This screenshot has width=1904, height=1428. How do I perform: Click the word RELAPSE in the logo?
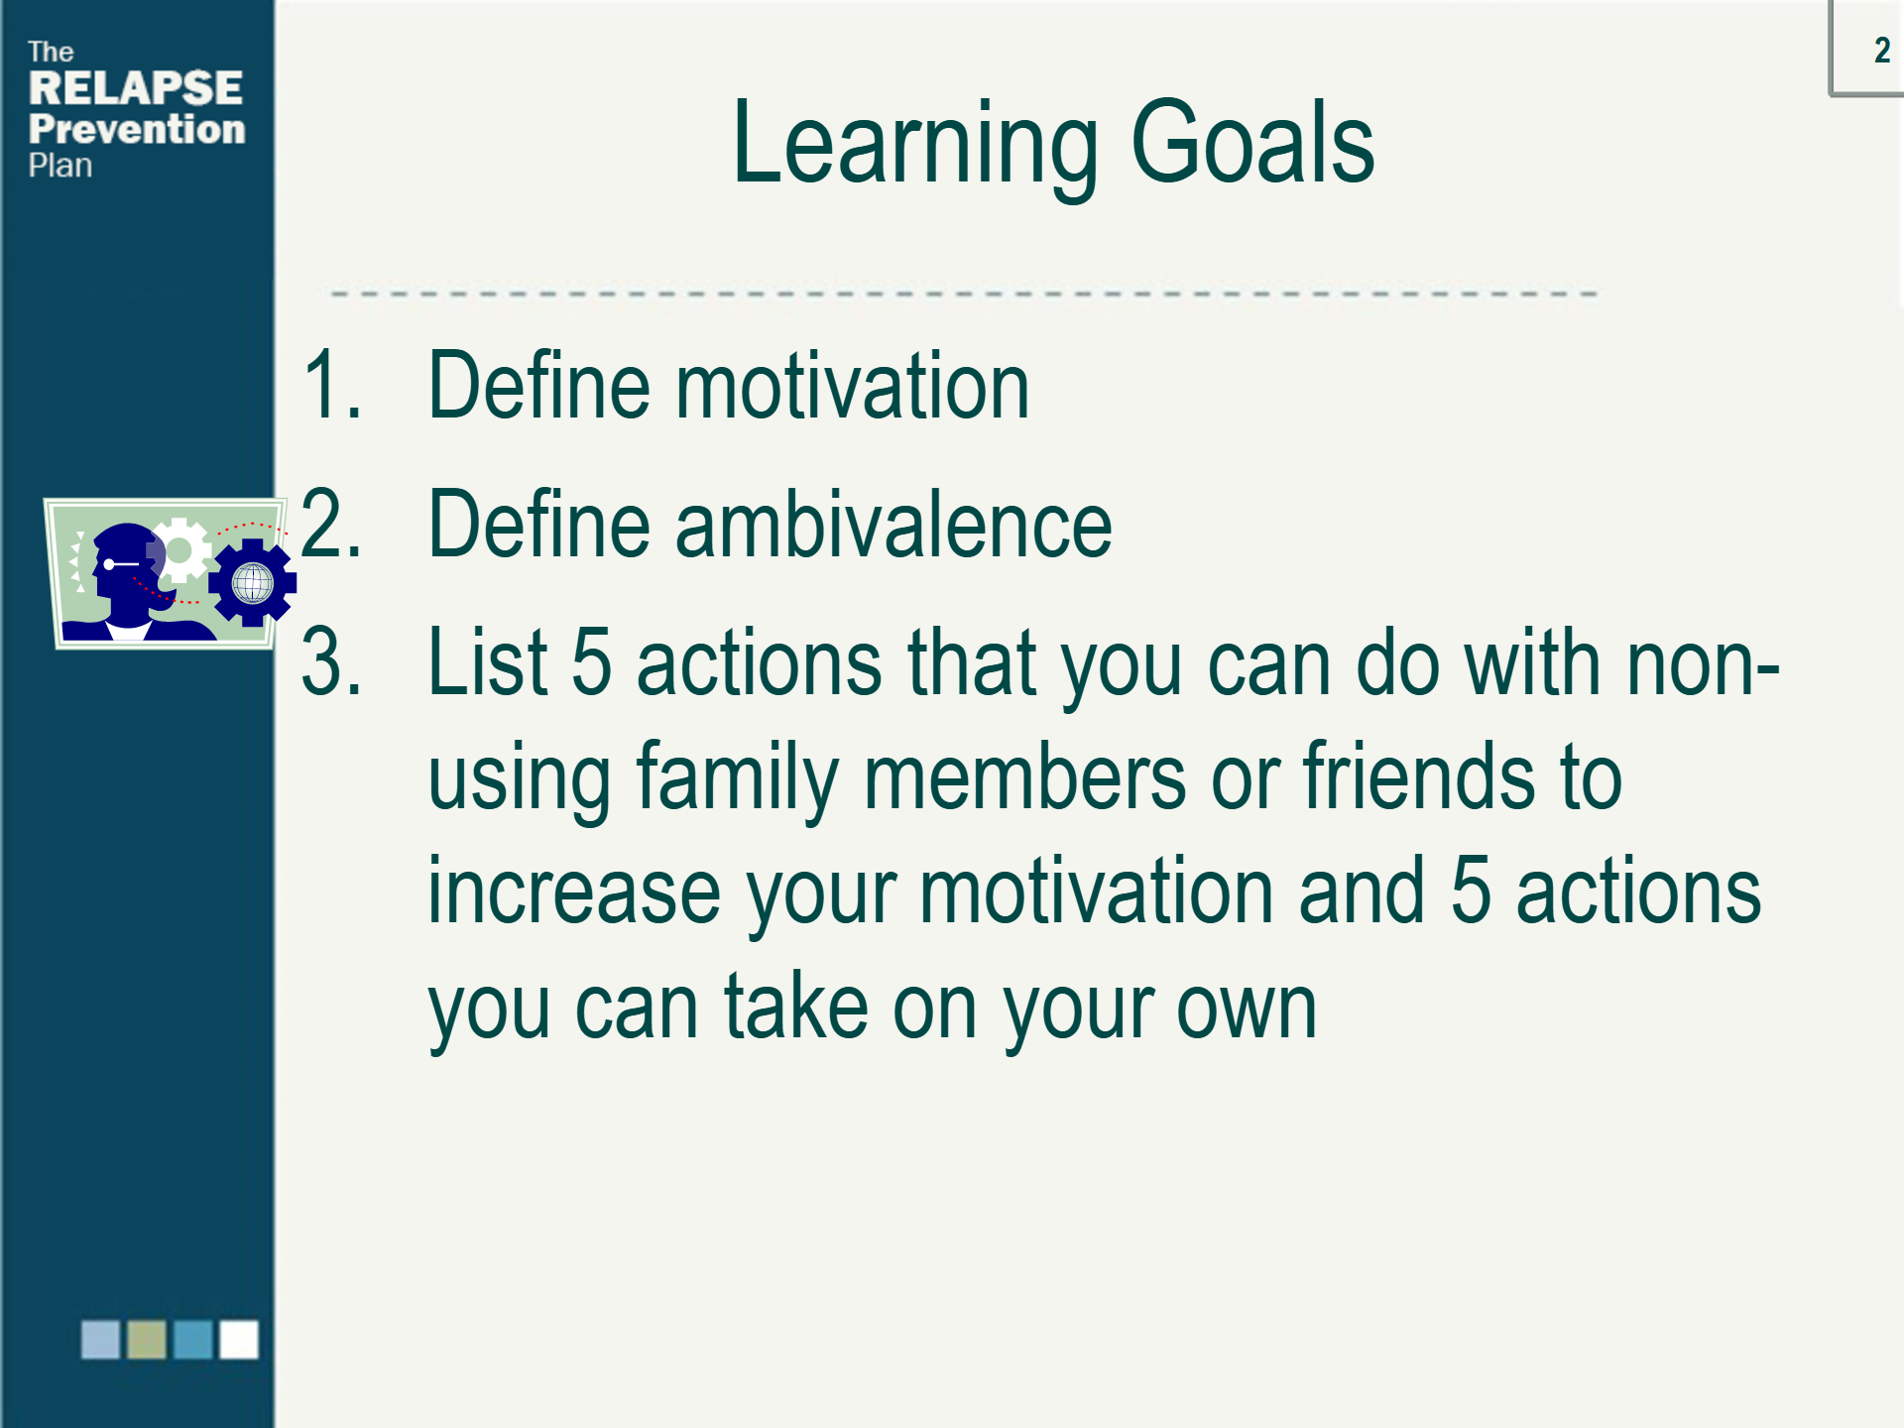[136, 87]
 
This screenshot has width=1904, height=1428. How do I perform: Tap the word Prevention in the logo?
[137, 129]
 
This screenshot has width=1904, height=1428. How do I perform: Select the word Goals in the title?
[1252, 142]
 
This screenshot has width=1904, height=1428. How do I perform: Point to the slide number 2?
[1881, 50]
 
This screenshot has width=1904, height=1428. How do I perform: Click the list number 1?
[332, 385]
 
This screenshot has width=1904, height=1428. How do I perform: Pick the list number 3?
[331, 661]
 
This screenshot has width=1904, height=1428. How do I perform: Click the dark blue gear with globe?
[252, 582]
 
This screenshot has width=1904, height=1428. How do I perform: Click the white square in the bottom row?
[239, 1339]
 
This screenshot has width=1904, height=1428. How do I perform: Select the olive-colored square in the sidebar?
[147, 1339]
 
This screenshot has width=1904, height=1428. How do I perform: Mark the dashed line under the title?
[964, 295]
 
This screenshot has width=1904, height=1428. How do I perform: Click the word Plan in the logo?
[60, 166]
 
